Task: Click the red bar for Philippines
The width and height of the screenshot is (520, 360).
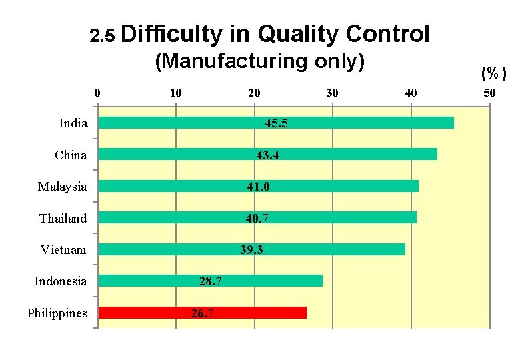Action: (x=202, y=313)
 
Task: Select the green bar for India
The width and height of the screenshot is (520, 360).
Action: (x=275, y=123)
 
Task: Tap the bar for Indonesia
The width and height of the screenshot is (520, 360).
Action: (x=210, y=281)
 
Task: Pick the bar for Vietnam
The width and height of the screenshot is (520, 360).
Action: (x=251, y=249)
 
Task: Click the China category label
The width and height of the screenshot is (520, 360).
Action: (x=71, y=155)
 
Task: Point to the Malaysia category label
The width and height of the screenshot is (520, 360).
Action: (x=63, y=187)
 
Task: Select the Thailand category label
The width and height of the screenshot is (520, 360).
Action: (x=63, y=218)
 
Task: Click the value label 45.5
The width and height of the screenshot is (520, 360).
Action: (x=277, y=123)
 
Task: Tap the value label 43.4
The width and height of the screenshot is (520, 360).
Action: (x=269, y=155)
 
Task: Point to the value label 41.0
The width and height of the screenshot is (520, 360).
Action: (x=258, y=187)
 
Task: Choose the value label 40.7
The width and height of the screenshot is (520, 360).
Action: (x=257, y=218)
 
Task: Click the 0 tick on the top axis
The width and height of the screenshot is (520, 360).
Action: (x=98, y=93)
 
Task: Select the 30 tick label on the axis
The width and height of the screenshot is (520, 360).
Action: (x=332, y=93)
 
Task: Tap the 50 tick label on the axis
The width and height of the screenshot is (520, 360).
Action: (x=489, y=93)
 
